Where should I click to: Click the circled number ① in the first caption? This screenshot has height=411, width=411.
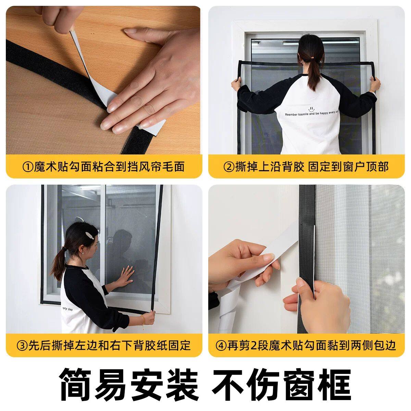pyautogui.click(x=28, y=167)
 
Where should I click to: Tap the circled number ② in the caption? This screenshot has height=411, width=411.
pyautogui.click(x=229, y=167)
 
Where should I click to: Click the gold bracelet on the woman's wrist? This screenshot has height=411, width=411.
pyautogui.click(x=143, y=319)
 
